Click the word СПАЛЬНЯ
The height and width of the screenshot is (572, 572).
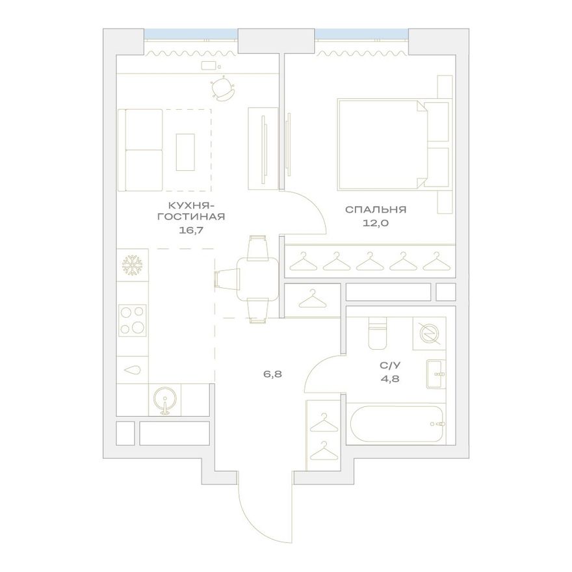(376, 210)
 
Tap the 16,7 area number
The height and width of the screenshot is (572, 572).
(190, 230)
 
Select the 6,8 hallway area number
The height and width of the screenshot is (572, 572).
(273, 374)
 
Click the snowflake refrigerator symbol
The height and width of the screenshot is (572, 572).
(132, 265)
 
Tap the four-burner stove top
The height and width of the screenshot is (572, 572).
(132, 320)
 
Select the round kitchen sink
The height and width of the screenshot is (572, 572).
(165, 401)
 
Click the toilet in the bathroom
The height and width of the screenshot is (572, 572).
(377, 333)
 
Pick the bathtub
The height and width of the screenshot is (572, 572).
(397, 424)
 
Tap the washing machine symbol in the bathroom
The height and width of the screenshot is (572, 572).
(429, 333)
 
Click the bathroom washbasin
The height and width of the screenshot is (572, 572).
(436, 374)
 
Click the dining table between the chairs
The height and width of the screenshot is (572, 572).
(257, 279)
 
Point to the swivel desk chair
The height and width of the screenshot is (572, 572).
(222, 88)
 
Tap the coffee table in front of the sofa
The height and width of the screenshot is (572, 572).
(185, 152)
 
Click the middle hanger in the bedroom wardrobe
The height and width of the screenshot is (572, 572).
(370, 261)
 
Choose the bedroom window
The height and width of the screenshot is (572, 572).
(361, 34)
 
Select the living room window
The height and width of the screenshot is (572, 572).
(191, 34)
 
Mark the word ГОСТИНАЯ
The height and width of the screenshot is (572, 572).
(191, 216)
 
